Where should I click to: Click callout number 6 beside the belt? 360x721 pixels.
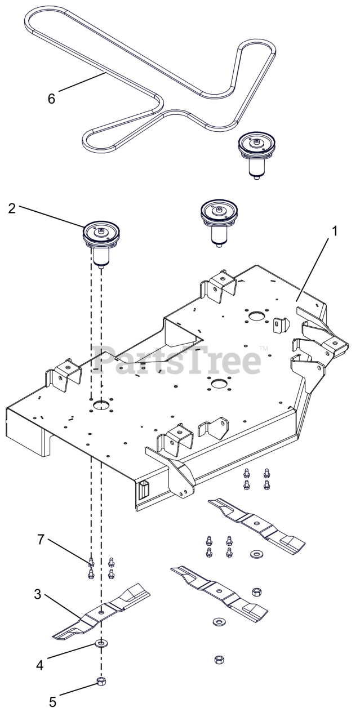coord(52,97)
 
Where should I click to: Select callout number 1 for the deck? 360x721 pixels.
coord(335,232)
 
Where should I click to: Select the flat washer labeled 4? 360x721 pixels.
coord(101,643)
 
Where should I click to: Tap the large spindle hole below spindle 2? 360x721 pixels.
coord(101,405)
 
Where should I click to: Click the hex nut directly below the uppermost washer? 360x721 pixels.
coord(256,591)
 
